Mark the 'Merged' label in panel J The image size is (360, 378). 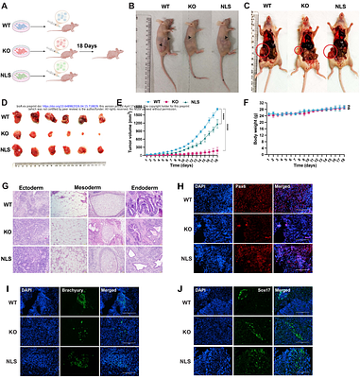(x=300, y=283)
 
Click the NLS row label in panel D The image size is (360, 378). (x=9, y=151)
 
